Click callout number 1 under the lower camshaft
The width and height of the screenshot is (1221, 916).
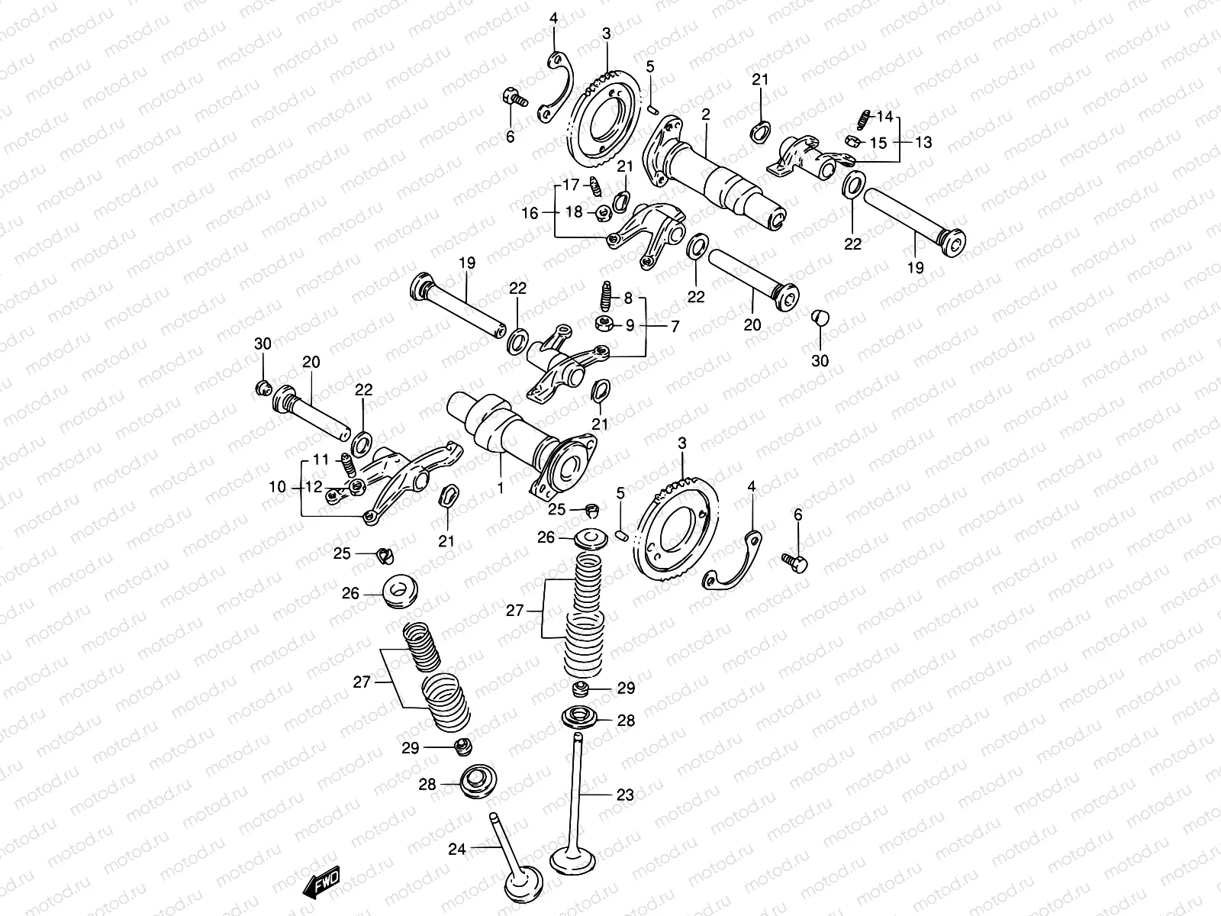click(x=501, y=485)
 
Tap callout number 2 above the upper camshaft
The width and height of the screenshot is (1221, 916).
click(x=706, y=115)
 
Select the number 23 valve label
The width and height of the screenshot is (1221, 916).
click(x=624, y=795)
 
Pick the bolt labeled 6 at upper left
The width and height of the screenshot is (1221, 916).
click(x=513, y=98)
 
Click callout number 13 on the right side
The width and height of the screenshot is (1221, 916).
click(x=923, y=142)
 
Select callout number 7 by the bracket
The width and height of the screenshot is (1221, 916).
click(x=674, y=326)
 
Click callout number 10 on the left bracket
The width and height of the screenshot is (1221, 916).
click(x=278, y=486)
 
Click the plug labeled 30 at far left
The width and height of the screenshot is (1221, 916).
click(x=263, y=387)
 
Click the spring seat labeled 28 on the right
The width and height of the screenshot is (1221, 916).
click(x=578, y=718)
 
